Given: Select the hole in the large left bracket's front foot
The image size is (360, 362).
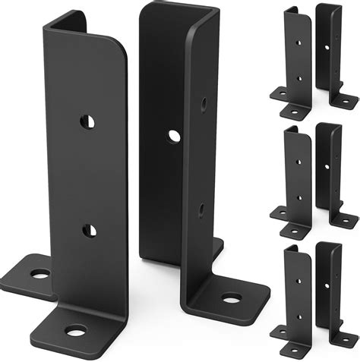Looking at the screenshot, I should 75,330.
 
